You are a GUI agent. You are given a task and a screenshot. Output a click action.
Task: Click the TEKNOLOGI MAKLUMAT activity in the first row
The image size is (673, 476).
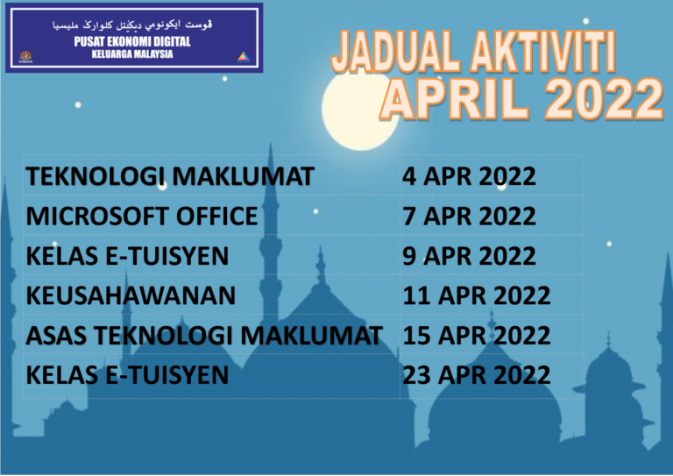(x=169, y=176)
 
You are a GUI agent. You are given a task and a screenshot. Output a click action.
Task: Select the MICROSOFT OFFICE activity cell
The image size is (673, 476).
(x=142, y=216)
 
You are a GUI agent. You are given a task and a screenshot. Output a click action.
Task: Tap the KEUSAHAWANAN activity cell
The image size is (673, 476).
(x=131, y=295)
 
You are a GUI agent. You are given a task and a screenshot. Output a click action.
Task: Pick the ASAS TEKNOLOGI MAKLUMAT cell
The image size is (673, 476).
(x=204, y=335)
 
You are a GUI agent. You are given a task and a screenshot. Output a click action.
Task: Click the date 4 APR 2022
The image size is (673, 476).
(x=468, y=176)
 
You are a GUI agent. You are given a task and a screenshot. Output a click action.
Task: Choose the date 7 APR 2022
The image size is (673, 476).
(x=468, y=216)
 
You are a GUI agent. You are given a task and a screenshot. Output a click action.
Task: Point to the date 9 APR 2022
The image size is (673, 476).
(x=468, y=256)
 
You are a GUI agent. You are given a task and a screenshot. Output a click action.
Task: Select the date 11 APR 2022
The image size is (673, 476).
(x=476, y=295)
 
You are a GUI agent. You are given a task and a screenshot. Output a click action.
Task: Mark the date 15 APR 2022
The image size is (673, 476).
(x=476, y=335)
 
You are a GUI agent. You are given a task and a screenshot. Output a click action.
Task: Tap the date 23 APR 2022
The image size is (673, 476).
(x=476, y=375)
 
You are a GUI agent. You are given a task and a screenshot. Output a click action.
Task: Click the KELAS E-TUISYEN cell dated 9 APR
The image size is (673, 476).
(x=127, y=256)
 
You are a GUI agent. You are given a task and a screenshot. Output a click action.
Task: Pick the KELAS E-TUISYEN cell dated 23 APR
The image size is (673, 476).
(x=127, y=375)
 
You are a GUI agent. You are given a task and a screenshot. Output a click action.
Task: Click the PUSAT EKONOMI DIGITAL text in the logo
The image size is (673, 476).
(x=132, y=41)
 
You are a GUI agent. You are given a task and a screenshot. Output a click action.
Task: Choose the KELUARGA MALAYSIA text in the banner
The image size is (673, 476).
(x=132, y=53)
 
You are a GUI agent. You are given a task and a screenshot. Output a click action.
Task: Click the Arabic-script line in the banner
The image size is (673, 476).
(x=132, y=25)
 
